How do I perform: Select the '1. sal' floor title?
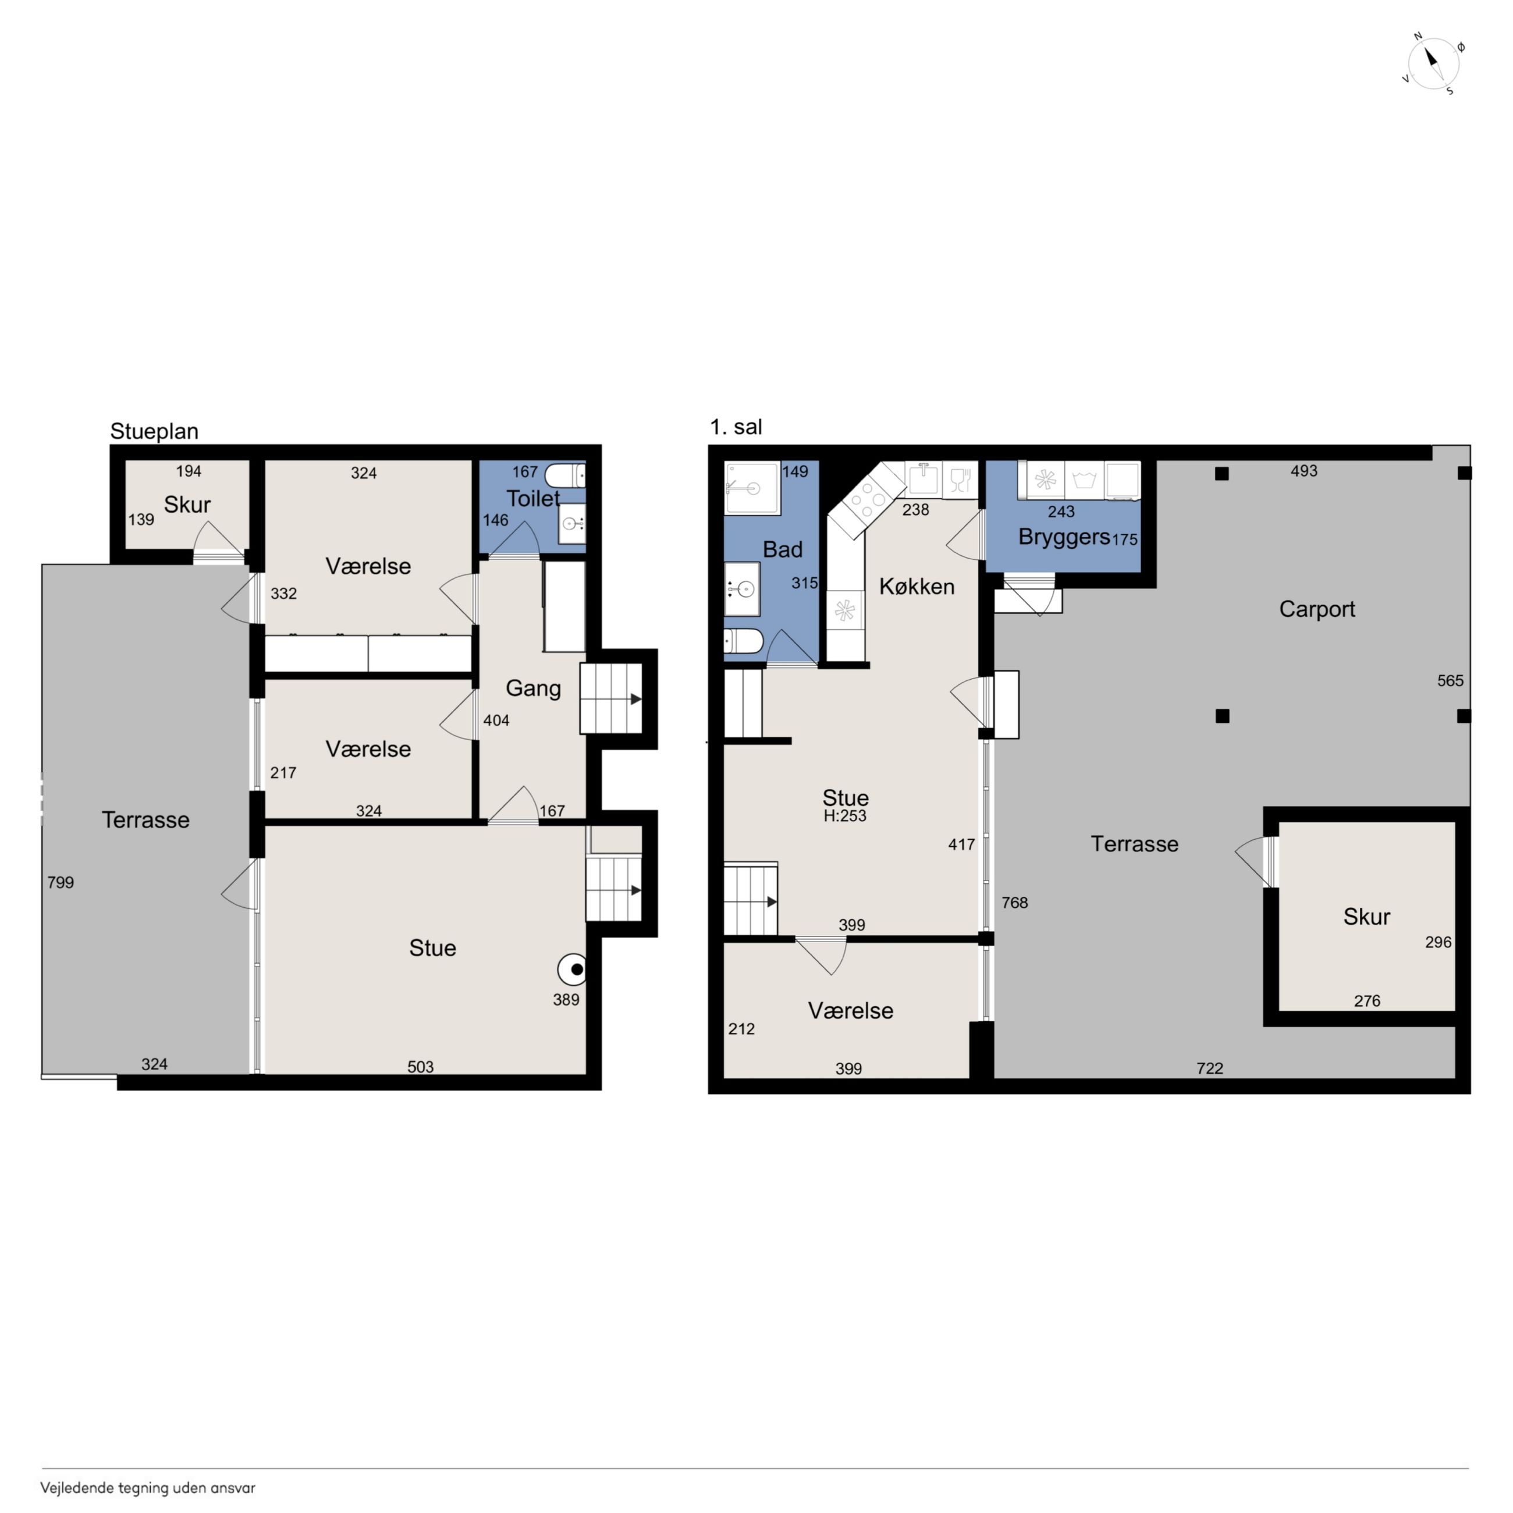pyautogui.click(x=736, y=427)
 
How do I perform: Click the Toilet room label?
pyautogui.click(x=533, y=498)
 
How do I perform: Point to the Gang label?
pyautogui.click(x=533, y=688)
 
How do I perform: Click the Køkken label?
pyautogui.click(x=917, y=587)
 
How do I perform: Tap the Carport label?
pyautogui.click(x=1317, y=609)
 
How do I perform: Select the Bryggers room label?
pyautogui.click(x=1064, y=537)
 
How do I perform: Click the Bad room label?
pyautogui.click(x=782, y=550)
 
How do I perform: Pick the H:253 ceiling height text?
pyautogui.click(x=845, y=816)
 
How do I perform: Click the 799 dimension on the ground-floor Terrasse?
pyautogui.click(x=61, y=883)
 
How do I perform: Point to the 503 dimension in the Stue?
pyautogui.click(x=421, y=1067)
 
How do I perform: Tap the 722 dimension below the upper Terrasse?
pyautogui.click(x=1210, y=1068)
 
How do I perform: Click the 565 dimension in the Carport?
pyautogui.click(x=1450, y=680)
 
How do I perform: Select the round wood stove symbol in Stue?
pyautogui.click(x=573, y=969)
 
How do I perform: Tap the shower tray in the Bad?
pyautogui.click(x=752, y=488)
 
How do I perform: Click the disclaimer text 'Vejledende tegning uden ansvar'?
pyautogui.click(x=148, y=1488)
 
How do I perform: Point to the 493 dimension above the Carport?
pyautogui.click(x=1304, y=471)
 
